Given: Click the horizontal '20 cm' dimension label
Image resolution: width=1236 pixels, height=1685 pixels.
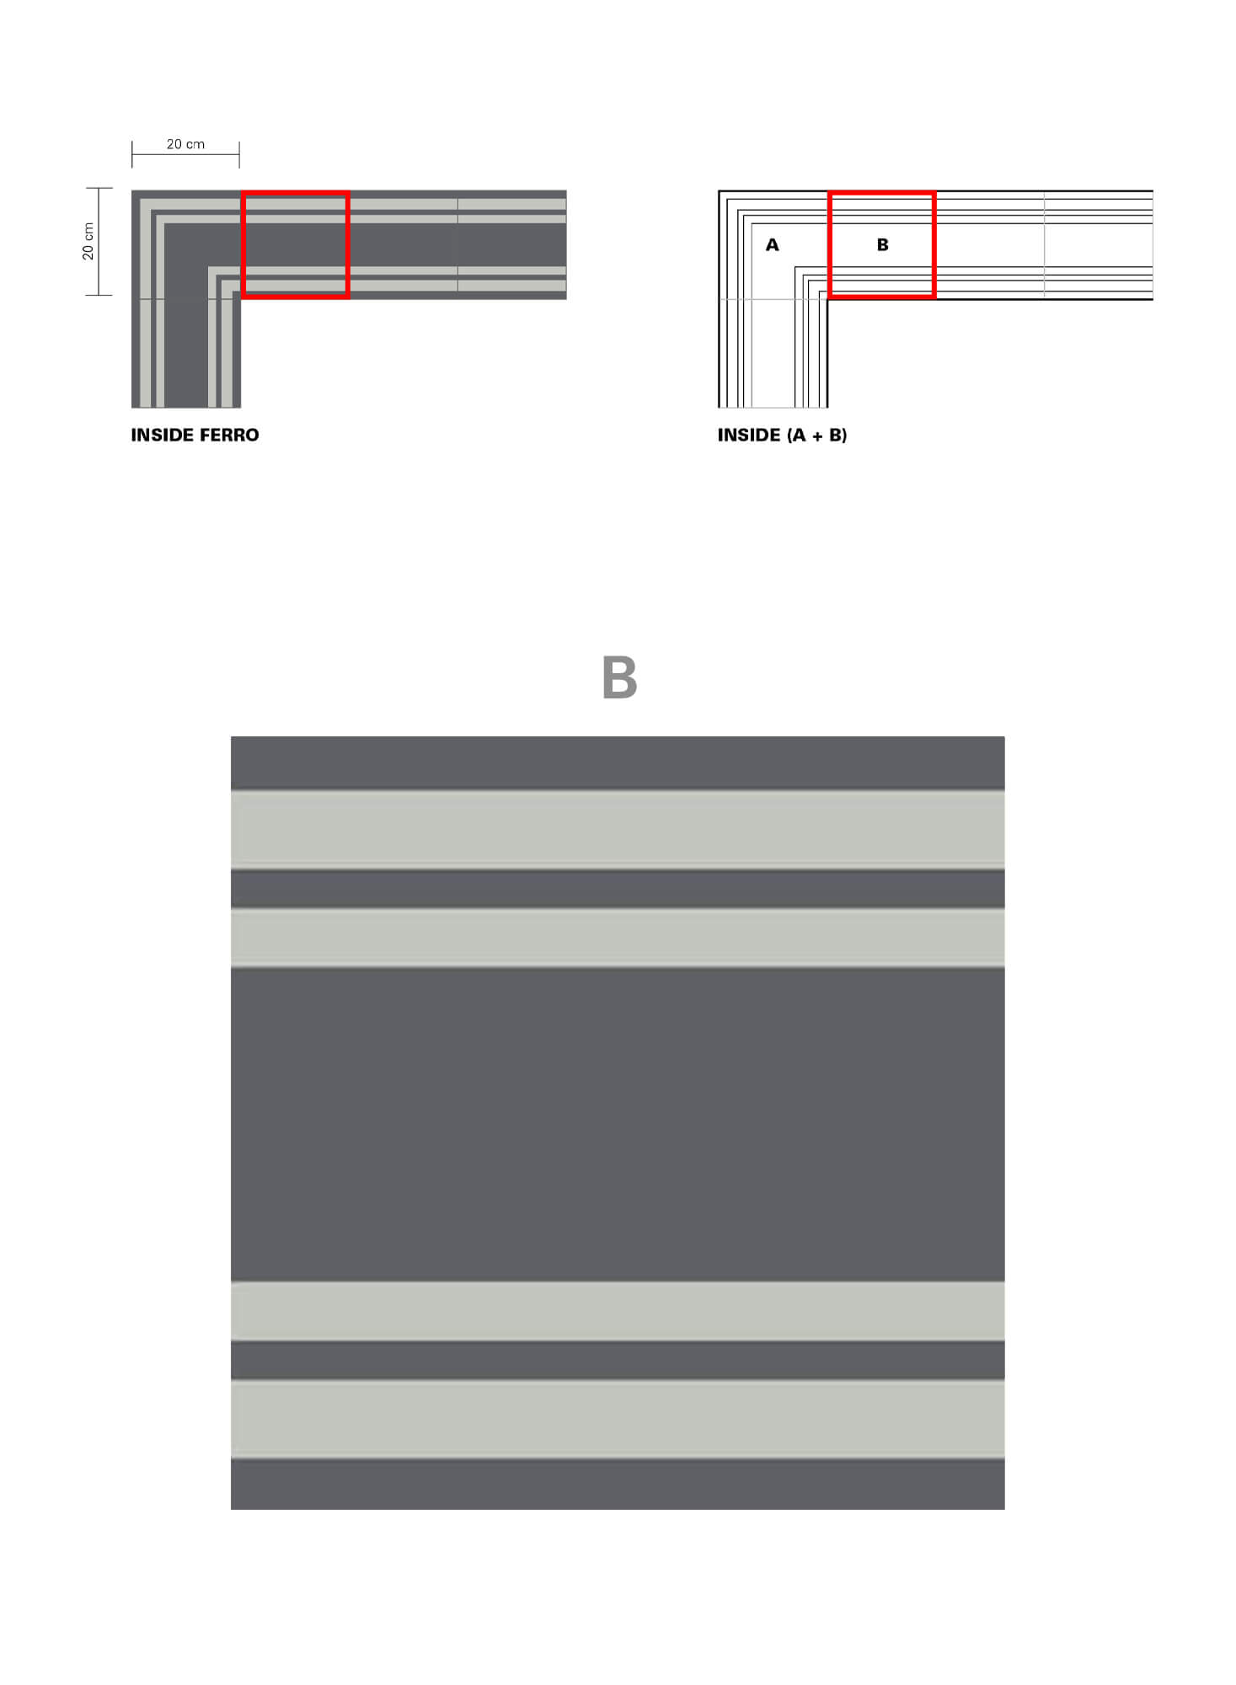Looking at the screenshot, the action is click(185, 144).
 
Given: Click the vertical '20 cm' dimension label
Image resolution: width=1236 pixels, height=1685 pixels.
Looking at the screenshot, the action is click(88, 241).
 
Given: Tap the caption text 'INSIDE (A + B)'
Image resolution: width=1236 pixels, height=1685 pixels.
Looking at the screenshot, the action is click(782, 435).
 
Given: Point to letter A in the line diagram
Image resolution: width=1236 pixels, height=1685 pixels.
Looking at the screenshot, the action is click(772, 245).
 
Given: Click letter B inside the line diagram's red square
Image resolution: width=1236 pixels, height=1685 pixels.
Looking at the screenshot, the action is click(882, 245).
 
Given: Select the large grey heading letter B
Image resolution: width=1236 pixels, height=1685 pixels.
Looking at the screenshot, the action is click(619, 678).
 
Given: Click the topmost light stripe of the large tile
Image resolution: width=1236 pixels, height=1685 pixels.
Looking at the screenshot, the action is click(618, 829).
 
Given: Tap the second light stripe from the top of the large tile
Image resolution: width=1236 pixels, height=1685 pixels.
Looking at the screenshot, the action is click(618, 937).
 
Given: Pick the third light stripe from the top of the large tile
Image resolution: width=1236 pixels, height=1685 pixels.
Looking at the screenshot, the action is click(618, 1311).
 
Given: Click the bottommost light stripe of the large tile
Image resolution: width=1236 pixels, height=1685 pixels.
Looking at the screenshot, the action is click(618, 1420).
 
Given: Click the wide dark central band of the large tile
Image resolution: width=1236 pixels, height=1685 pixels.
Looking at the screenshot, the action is click(618, 1124).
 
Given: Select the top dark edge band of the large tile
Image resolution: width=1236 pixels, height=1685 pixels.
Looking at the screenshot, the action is click(618, 763).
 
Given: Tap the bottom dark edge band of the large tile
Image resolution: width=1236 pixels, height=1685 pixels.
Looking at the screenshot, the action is click(618, 1484).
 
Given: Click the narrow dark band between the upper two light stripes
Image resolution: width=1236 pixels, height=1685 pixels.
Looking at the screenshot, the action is click(618, 888).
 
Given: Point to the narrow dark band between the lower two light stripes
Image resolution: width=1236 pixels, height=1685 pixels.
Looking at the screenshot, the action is click(618, 1360).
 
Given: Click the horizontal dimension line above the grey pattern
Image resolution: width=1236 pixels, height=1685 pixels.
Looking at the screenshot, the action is click(185, 155).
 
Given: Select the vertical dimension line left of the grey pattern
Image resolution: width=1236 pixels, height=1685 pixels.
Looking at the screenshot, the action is click(99, 241).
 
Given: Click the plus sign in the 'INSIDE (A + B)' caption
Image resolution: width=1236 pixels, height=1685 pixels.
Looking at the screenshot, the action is click(816, 436).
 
